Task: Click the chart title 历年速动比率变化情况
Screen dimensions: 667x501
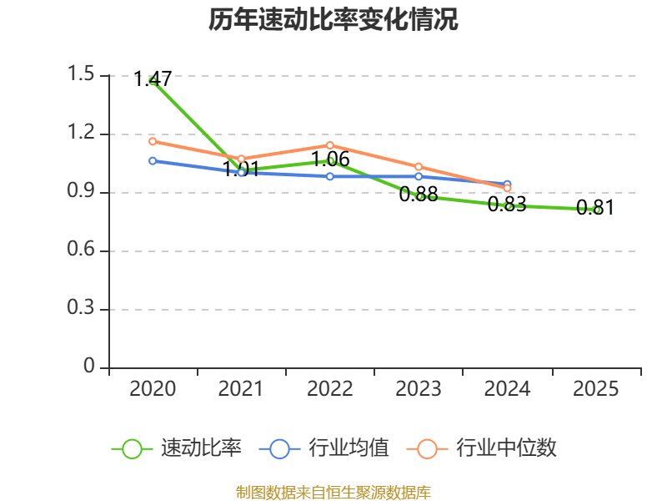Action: (333, 19)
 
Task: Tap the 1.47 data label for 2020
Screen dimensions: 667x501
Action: (153, 78)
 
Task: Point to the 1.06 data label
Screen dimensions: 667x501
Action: (330, 159)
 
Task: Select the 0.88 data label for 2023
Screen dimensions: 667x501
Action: (419, 195)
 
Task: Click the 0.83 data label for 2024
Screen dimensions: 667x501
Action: (507, 204)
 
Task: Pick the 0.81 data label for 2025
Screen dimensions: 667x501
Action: (595, 208)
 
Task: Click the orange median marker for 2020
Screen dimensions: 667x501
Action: (153, 141)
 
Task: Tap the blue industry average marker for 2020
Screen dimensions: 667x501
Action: (153, 161)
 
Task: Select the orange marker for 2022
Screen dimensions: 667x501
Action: (330, 145)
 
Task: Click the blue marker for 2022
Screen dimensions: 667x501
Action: (330, 176)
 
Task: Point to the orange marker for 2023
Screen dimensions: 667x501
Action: (419, 166)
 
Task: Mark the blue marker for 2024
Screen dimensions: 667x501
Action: (507, 184)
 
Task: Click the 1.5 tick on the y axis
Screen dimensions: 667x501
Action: (81, 73)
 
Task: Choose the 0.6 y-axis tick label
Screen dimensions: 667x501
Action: (81, 249)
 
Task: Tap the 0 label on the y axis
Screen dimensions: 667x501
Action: (89, 366)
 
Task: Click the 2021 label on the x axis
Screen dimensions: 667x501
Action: (241, 389)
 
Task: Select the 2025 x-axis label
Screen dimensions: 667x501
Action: (595, 389)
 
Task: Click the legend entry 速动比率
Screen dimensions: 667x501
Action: (177, 448)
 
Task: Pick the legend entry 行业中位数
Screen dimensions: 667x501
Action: (482, 448)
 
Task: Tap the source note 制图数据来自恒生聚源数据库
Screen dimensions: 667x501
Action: (333, 493)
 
